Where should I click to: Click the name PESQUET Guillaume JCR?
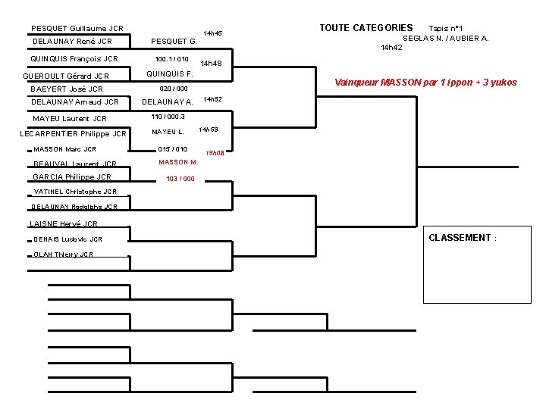(77, 29)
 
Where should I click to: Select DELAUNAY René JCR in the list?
(72, 42)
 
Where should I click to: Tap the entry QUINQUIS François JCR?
(74, 59)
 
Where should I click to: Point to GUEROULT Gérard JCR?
(66, 76)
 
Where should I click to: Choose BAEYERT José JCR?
(67, 89)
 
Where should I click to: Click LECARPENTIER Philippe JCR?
(73, 135)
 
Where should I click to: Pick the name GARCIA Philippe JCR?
(71, 177)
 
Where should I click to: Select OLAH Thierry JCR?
(64, 254)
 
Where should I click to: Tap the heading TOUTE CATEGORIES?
(366, 28)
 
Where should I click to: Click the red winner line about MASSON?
(425, 83)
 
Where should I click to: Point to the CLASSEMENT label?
(462, 238)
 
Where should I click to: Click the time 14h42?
(391, 48)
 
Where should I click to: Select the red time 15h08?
(215, 153)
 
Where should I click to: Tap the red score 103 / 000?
(180, 180)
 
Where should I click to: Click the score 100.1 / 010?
(171, 59)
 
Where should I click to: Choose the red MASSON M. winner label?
(178, 162)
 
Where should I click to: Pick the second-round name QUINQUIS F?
(169, 74)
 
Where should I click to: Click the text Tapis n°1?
(451, 29)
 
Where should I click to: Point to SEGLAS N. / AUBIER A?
(445, 38)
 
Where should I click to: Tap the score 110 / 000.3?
(168, 117)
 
